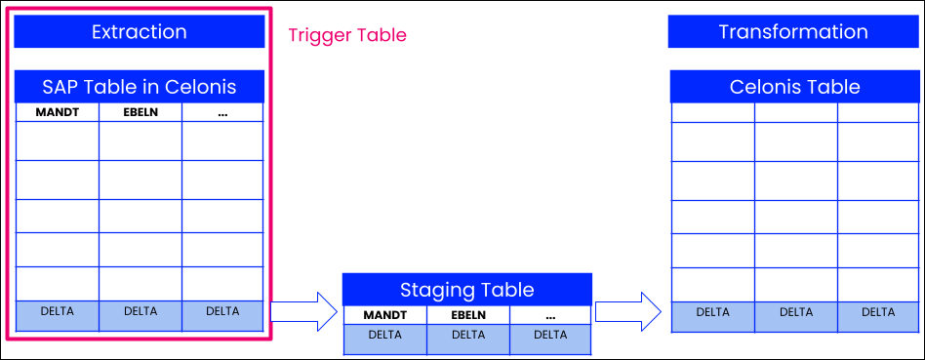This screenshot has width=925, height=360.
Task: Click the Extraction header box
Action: tap(139, 32)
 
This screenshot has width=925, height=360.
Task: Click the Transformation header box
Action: tap(792, 32)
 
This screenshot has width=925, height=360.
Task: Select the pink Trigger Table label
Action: tap(347, 35)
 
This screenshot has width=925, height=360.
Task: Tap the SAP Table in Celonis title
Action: tap(139, 87)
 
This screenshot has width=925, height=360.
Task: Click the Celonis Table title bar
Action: tap(794, 87)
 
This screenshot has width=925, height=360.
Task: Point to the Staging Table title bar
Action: tap(466, 290)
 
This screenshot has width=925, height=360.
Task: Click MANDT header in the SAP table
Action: tap(57, 112)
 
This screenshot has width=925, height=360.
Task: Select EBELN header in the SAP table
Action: tap(140, 112)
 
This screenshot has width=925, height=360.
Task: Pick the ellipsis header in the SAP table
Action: tap(222, 112)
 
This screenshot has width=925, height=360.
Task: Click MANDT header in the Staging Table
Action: tap(383, 315)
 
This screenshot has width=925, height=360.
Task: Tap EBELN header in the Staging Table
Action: tap(467, 315)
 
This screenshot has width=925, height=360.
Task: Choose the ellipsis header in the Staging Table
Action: tap(550, 315)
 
